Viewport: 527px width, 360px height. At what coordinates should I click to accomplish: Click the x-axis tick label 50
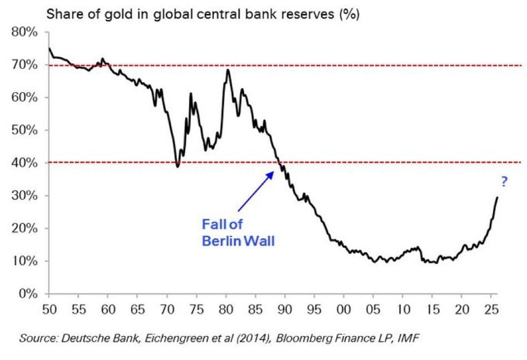click(x=49, y=306)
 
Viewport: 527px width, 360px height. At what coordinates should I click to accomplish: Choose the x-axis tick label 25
click(x=491, y=306)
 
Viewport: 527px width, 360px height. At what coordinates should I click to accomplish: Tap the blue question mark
click(x=504, y=181)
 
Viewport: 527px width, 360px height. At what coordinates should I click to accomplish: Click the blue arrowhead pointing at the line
click(x=272, y=174)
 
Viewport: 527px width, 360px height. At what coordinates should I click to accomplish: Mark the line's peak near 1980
click(x=228, y=69)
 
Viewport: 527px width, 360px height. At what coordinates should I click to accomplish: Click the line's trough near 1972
click(x=178, y=167)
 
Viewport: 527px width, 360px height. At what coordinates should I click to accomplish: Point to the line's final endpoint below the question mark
click(x=497, y=197)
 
